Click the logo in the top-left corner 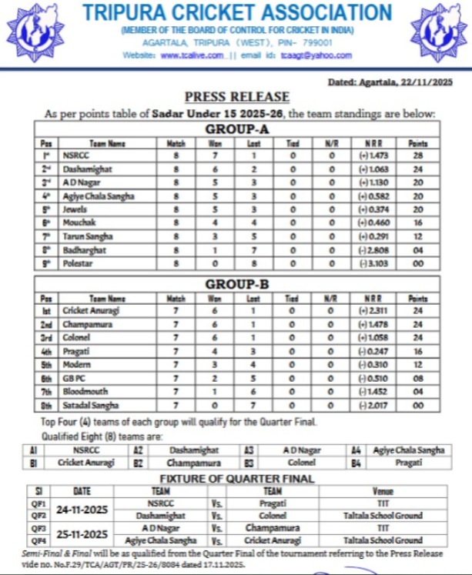35,32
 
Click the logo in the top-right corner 439,32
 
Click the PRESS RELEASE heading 237,97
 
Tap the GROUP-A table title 236,129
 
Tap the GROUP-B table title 236,284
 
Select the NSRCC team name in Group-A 75,155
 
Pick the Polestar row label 78,263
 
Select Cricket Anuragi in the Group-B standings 90,311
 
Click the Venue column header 383,490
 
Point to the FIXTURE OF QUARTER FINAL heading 236,478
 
